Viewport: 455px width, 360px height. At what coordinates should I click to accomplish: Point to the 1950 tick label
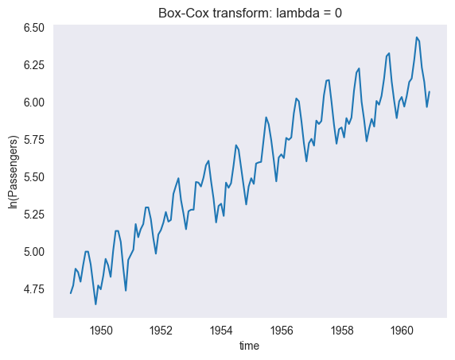click(100, 329)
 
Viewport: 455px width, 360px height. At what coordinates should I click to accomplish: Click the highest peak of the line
click(416, 37)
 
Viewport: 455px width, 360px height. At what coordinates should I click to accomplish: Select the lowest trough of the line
click(95, 304)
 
